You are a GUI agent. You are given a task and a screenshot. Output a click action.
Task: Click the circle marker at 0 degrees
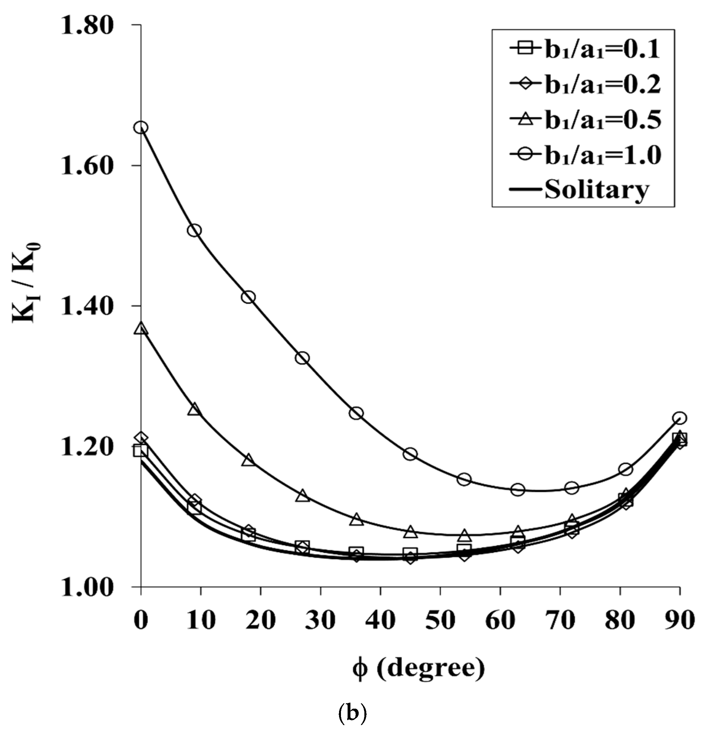point(141,128)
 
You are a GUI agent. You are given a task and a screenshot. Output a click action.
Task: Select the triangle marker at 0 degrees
point(141,329)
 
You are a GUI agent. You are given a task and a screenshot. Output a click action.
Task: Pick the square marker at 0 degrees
point(141,451)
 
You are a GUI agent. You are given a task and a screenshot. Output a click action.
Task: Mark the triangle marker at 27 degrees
point(303,496)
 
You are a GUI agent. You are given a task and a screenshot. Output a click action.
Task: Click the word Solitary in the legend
point(597,189)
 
